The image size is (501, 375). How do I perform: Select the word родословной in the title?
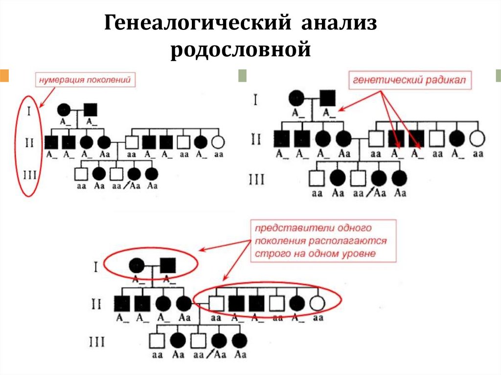pos(241,50)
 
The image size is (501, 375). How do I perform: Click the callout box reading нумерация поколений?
pos(85,80)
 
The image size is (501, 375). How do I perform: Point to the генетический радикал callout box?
pos(410,80)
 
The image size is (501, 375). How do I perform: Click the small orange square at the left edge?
pos(4,75)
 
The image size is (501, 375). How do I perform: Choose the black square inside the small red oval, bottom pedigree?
pos(168,265)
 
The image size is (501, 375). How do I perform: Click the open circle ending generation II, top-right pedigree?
pos(477,139)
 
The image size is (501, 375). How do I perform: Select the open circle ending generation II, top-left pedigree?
pos(218,142)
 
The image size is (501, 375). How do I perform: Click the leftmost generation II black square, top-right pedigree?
pos(282,139)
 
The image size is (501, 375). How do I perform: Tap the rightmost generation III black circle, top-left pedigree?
pos(152,174)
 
